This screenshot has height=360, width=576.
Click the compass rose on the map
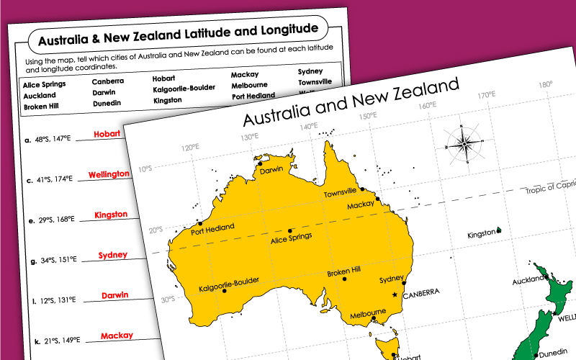[x=464, y=143]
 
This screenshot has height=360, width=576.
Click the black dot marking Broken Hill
[x=345, y=279]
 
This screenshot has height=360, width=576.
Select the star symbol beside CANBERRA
[x=394, y=295]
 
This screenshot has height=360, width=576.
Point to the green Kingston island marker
[x=498, y=231]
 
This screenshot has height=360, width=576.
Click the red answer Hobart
[x=107, y=134]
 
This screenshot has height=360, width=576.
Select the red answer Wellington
[x=109, y=174]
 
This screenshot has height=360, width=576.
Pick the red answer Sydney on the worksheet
[x=113, y=255]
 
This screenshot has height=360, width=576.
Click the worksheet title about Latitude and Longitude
[x=177, y=34]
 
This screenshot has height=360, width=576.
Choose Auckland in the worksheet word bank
[x=39, y=95]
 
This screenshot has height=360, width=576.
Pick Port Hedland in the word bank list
[x=253, y=96]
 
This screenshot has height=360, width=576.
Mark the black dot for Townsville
[x=363, y=189]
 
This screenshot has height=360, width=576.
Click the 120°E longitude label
[x=191, y=148]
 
